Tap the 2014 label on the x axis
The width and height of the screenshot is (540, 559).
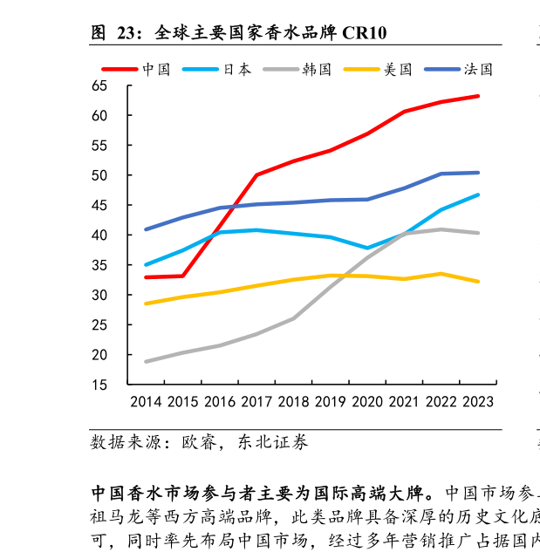tap(146, 402)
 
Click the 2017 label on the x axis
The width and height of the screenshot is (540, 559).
tap(256, 402)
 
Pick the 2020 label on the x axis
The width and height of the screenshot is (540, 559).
tap(366, 402)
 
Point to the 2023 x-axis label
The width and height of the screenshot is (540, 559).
tap(477, 402)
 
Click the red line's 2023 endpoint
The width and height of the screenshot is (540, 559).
tap(478, 96)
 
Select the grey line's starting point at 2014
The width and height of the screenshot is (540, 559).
tap(146, 361)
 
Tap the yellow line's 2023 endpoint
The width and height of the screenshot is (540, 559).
tap(478, 282)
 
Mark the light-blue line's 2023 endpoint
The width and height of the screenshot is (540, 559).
tap(478, 194)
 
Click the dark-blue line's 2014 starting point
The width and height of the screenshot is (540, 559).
tap(146, 229)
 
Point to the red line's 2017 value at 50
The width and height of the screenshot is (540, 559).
tap(256, 175)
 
